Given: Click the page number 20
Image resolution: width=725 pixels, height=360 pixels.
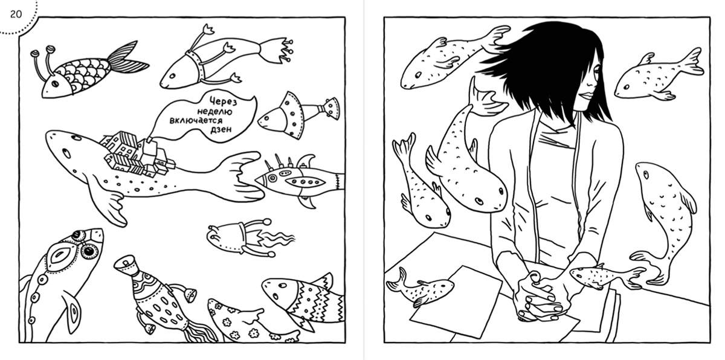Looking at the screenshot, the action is pyautogui.click(x=16, y=14).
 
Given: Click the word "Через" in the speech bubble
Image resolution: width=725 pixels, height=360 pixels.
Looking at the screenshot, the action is pyautogui.click(x=223, y=101).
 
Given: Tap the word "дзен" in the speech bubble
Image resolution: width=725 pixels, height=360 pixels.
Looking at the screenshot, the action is pyautogui.click(x=221, y=129).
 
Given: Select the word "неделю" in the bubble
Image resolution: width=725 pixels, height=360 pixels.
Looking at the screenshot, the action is pyautogui.click(x=215, y=112).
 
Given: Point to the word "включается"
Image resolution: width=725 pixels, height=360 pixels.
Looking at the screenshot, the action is pyautogui.click(x=196, y=121).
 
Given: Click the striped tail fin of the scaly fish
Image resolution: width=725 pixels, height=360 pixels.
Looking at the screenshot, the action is pyautogui.click(x=126, y=57).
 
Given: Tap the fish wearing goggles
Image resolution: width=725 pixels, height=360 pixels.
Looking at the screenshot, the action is pyautogui.click(x=62, y=281).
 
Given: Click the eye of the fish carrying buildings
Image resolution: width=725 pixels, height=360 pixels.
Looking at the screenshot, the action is pyautogui.click(x=66, y=152).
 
